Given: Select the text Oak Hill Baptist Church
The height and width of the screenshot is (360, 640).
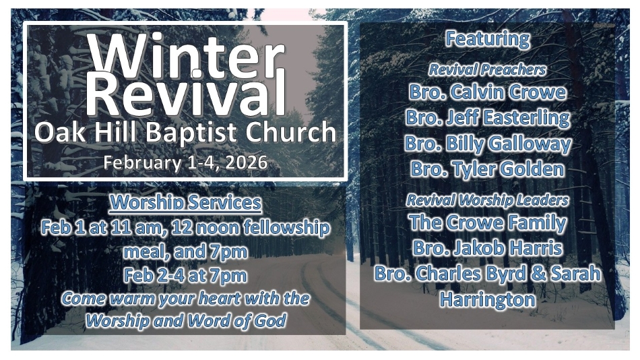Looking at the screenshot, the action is pyautogui.click(x=185, y=132).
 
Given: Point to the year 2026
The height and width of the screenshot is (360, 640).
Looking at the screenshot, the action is pyautogui.click(x=246, y=162).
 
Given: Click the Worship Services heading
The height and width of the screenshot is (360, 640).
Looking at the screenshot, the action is pyautogui.click(x=186, y=203).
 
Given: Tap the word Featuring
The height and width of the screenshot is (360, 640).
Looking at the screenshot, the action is pyautogui.click(x=487, y=40).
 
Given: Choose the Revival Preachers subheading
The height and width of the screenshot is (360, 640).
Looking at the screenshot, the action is pyautogui.click(x=487, y=70).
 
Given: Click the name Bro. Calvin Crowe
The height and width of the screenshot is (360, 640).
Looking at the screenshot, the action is pyautogui.click(x=487, y=92).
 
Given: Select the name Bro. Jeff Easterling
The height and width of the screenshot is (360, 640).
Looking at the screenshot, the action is pyautogui.click(x=487, y=118).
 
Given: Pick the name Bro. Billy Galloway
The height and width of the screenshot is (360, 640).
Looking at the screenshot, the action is pyautogui.click(x=488, y=144).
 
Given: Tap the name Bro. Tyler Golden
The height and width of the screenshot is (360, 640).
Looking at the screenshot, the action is pyautogui.click(x=487, y=169).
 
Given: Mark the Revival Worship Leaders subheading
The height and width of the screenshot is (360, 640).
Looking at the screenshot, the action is pyautogui.click(x=487, y=200).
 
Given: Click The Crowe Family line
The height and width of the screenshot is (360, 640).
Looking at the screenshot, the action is pyautogui.click(x=488, y=223).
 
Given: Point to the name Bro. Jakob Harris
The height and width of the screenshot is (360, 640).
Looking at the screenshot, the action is pyautogui.click(x=487, y=248).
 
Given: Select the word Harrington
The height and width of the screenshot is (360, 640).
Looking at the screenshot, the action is pyautogui.click(x=487, y=300).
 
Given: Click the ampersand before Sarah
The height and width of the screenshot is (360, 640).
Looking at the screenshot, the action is pyautogui.click(x=538, y=274).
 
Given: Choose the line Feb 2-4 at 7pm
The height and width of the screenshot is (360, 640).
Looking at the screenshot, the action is pyautogui.click(x=185, y=276).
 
